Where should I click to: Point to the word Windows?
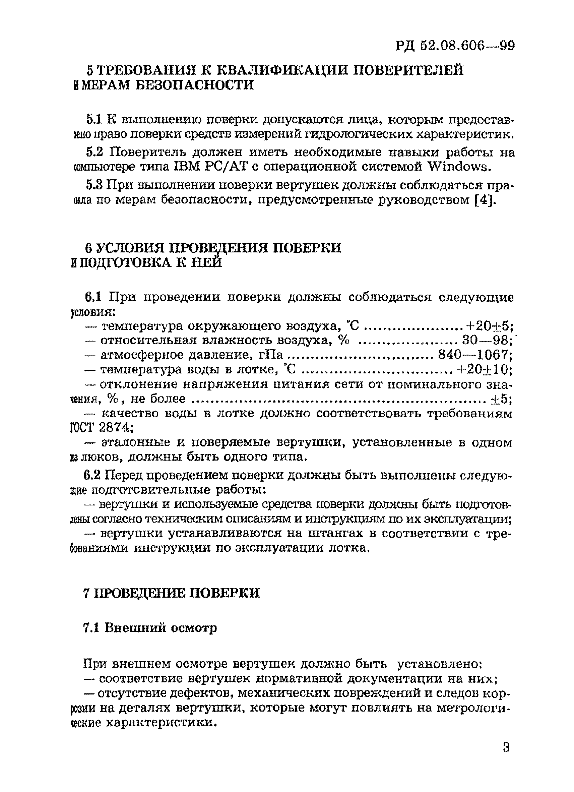coord(457,167)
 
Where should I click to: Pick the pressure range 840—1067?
coord(474,355)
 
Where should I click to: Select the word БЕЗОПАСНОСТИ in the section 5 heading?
coord(194,85)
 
